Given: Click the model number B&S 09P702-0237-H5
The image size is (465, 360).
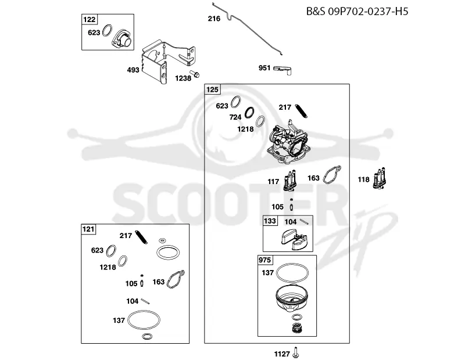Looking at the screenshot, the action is point(357,11).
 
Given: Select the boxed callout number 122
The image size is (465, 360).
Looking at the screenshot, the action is point(89,20).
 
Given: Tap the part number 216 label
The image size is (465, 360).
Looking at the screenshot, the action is point(214,19).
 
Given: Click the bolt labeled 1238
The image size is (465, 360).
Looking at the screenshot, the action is point(195,74).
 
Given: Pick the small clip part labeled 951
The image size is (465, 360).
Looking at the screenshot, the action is point(283,69).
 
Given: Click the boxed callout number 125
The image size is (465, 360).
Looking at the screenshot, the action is point(212,89).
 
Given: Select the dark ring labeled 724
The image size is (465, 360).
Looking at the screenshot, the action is point(250,113).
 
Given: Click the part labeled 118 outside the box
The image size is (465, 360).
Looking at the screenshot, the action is point(380,178).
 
